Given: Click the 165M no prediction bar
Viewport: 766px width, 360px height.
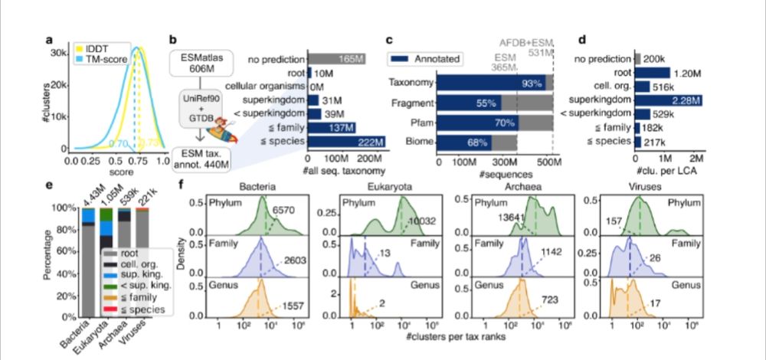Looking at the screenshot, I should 338,57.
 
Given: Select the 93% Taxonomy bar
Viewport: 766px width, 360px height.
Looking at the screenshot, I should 490,82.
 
